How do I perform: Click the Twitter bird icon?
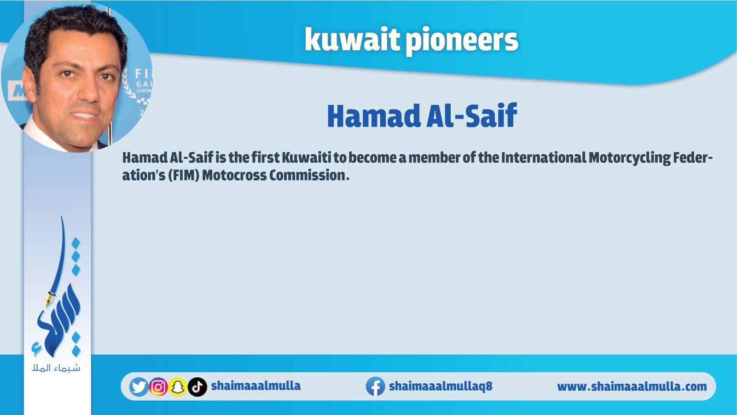click(139, 387)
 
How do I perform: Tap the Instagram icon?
click(158, 387)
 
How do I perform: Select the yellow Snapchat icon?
click(178, 387)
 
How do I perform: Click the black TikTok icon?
click(197, 387)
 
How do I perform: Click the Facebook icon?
click(376, 386)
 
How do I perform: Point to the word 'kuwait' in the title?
click(352, 40)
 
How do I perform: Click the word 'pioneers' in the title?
click(462, 41)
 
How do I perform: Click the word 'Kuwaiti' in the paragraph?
click(306, 158)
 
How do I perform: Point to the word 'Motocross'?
click(234, 175)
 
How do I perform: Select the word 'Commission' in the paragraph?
click(308, 175)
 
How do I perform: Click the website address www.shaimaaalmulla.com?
click(632, 387)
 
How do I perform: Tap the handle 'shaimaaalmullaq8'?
click(441, 386)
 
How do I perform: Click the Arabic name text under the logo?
click(56, 368)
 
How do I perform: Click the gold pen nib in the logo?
click(49, 299)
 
